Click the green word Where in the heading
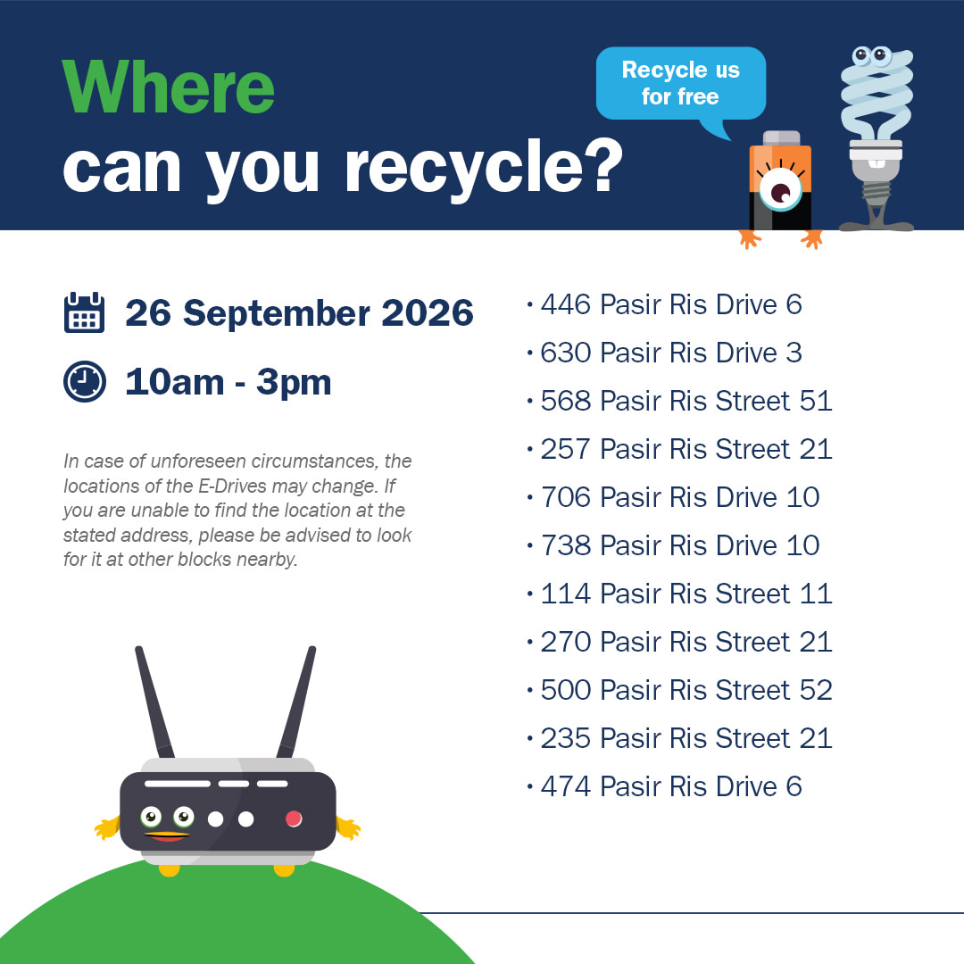coord(169,87)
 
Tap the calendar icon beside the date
coord(84,312)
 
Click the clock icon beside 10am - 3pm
coord(85,382)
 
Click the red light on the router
coord(294,819)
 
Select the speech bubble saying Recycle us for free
coord(680,84)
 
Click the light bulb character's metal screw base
coord(877,191)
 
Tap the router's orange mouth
coord(167,836)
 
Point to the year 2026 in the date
coord(428,313)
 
